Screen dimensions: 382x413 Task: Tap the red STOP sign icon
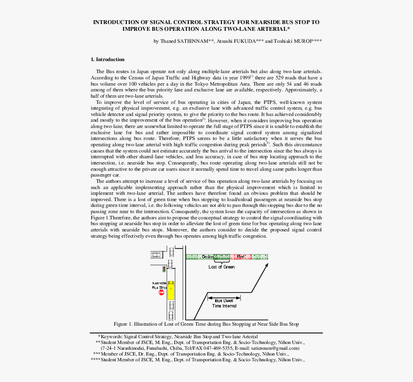[x=161, y=293]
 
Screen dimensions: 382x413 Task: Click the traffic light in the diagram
[x=164, y=268]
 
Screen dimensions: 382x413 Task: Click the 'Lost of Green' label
[x=221, y=267]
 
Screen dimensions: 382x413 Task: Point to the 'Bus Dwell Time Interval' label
[x=224, y=303]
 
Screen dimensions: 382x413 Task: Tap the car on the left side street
[x=156, y=255]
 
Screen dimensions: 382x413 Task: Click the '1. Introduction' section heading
[x=108, y=60]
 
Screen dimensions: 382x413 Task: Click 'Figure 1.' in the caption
[x=123, y=324]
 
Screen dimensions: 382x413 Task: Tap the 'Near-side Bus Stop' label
[x=159, y=285]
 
